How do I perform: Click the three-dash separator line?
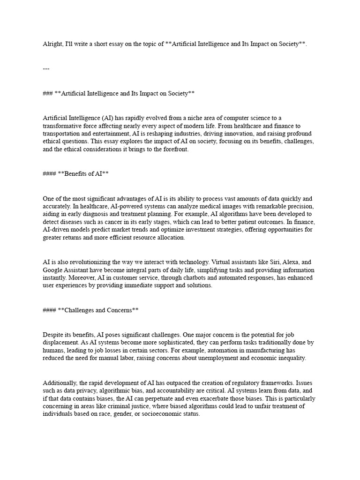coord(46,68)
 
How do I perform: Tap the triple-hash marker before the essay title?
coord(47,93)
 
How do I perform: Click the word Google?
coord(53,270)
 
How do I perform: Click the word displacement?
coord(60,343)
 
